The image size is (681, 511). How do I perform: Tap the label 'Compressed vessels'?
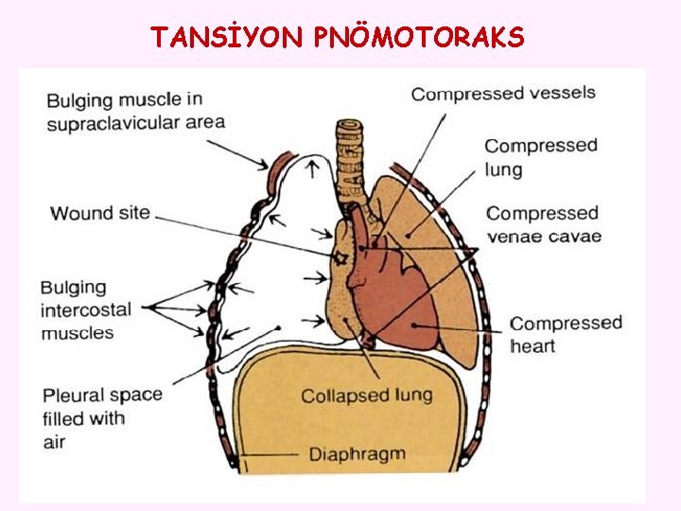[503, 93]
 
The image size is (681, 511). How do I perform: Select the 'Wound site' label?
[100, 213]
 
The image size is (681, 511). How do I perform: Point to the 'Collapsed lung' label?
[366, 396]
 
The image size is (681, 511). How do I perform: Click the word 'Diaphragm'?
[357, 454]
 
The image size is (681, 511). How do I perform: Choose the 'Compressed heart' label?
[566, 334]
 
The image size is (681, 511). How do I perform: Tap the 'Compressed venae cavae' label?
[543, 225]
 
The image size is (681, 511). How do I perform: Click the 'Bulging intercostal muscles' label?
[86, 309]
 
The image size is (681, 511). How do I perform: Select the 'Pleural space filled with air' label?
[101, 417]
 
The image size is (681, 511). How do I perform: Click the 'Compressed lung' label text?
[541, 157]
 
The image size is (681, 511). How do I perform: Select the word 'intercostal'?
[86, 309]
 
